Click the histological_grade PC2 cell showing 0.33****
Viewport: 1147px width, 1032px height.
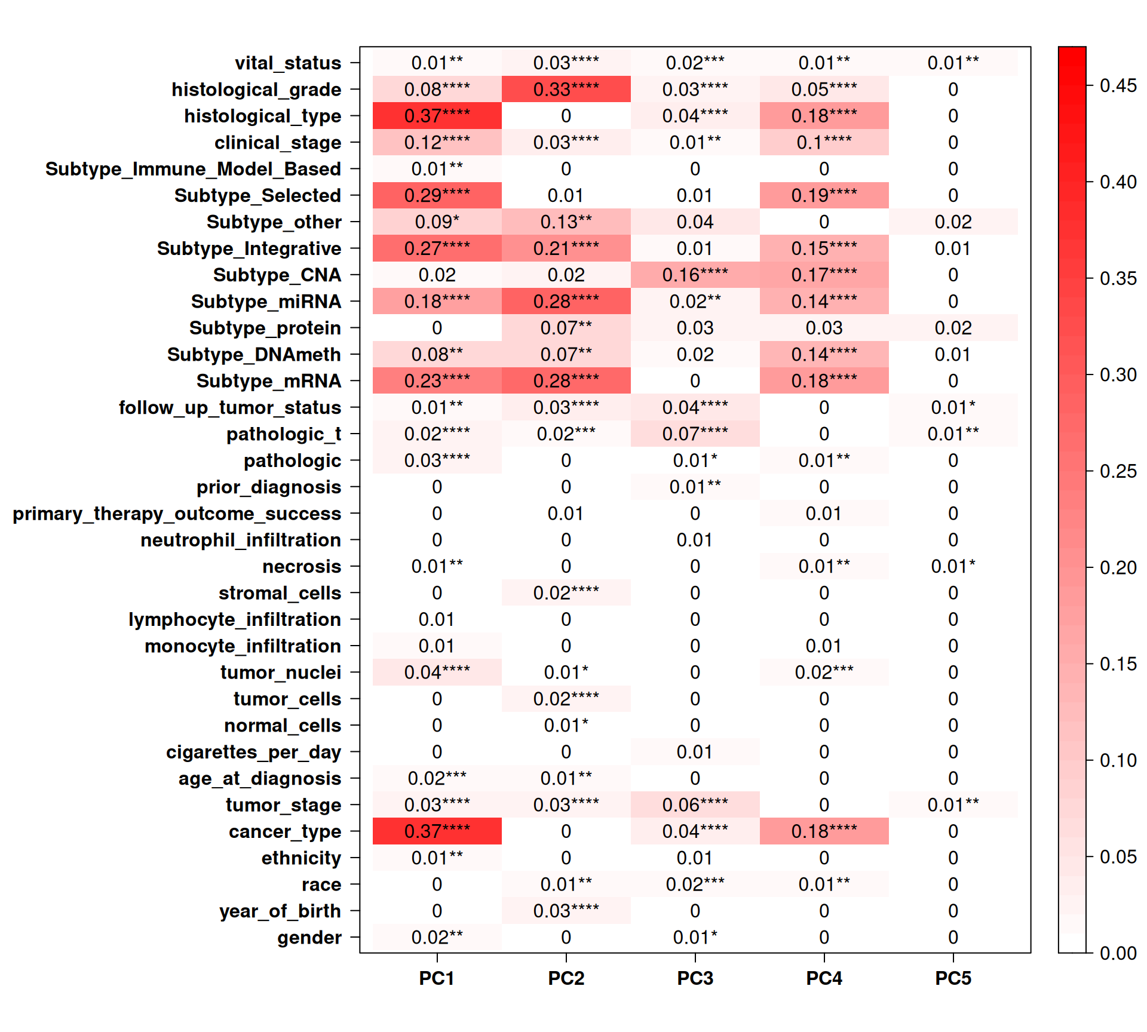566,90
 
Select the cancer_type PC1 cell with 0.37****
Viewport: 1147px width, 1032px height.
437,831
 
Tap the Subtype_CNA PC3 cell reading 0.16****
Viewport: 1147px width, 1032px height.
695,275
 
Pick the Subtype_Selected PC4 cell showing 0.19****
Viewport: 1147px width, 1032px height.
824,195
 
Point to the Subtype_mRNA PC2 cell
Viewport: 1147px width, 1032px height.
566,381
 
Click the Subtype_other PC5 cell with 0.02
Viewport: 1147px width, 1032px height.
953,222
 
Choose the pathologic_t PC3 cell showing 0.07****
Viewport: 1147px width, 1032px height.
695,434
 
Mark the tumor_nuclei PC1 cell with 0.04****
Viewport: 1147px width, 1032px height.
437,672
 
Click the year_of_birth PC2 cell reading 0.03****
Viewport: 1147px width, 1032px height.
566,911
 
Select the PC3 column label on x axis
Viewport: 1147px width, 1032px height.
695,978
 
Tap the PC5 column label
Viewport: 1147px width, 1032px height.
953,978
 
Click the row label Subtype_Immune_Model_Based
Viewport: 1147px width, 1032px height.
193,169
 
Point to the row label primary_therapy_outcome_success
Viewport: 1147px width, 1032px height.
177,514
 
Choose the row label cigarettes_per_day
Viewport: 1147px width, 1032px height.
253,752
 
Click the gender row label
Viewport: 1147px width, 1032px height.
309,938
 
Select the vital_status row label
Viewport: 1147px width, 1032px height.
288,63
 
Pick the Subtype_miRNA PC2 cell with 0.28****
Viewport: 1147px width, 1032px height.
566,302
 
